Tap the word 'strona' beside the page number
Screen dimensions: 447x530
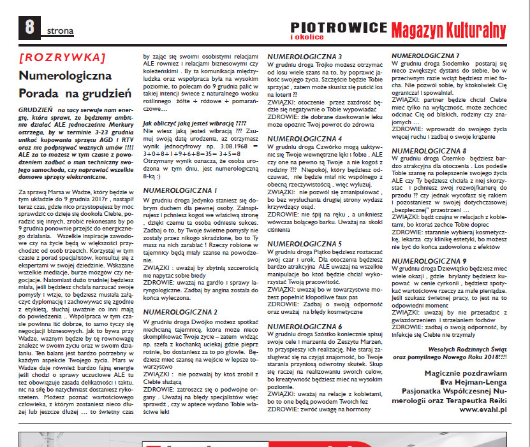(59, 30)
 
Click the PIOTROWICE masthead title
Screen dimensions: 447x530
(339, 27)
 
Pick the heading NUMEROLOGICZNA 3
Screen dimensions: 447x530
(304, 57)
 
